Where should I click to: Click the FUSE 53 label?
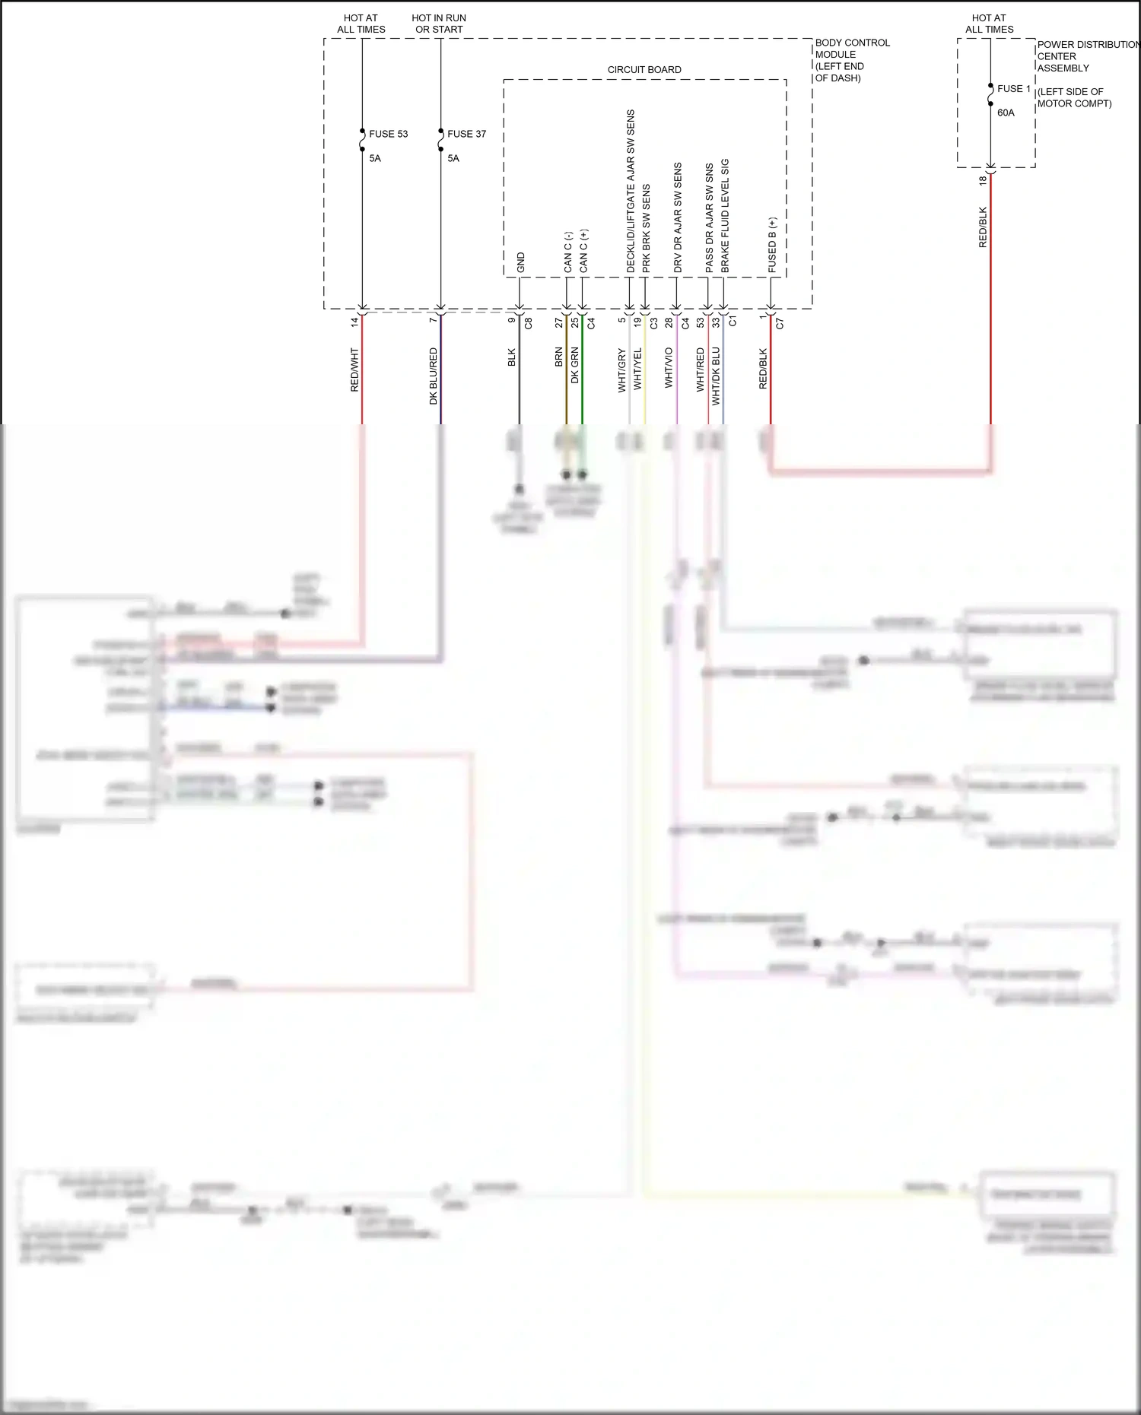point(388,134)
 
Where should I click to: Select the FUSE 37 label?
point(466,134)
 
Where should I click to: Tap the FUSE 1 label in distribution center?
point(1013,89)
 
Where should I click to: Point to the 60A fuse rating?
point(1006,113)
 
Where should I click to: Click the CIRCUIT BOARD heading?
point(644,70)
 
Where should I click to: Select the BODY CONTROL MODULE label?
point(851,60)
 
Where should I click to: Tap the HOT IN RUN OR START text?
point(439,24)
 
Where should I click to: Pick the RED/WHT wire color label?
point(354,370)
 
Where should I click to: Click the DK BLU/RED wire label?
point(434,376)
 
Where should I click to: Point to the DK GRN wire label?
point(575,365)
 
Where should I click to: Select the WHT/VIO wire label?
point(669,368)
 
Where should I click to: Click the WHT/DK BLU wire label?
point(716,376)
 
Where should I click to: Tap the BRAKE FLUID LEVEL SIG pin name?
point(725,216)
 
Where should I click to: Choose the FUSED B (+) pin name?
point(772,245)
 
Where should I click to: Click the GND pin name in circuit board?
point(521,262)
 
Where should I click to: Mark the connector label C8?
point(529,323)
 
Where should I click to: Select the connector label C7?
point(780,323)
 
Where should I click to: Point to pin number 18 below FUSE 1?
point(983,180)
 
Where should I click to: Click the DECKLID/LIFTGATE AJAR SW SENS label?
point(631,192)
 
